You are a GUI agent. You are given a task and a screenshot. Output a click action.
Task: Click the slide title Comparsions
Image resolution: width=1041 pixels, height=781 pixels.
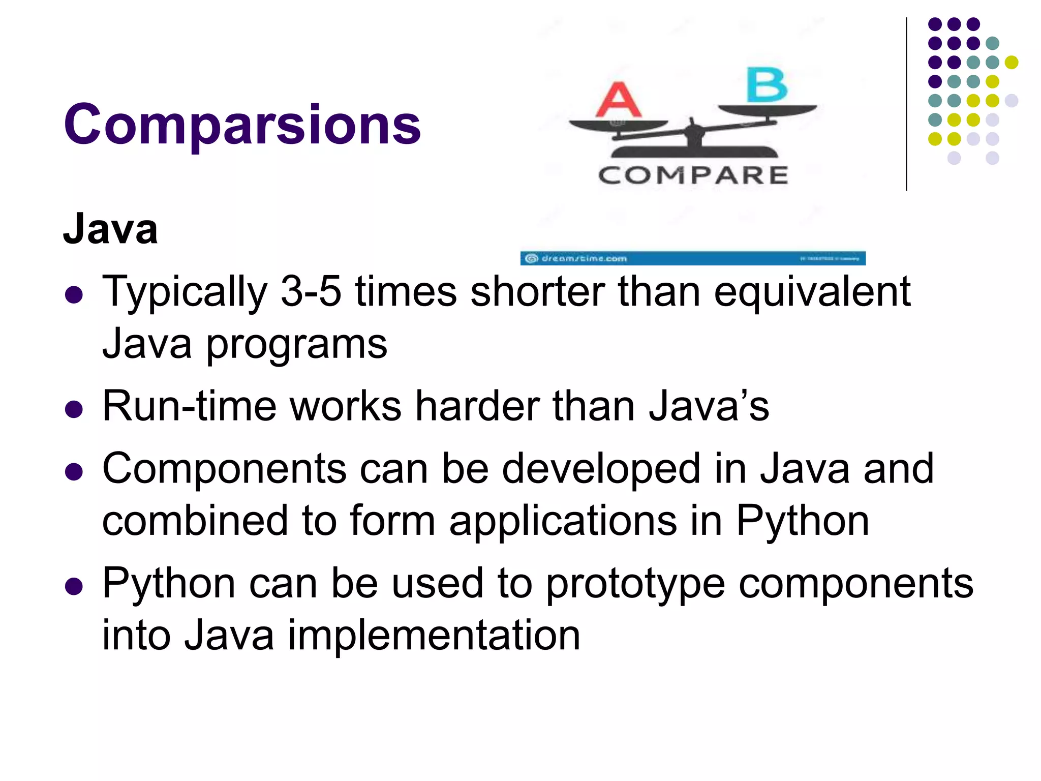click(x=242, y=125)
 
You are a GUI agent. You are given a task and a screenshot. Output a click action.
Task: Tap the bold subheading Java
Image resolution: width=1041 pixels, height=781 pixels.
click(x=110, y=229)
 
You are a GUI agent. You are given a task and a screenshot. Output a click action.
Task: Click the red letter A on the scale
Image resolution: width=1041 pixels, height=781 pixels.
click(x=618, y=100)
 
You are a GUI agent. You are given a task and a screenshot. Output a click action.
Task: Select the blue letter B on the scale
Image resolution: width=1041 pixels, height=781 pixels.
click(x=767, y=85)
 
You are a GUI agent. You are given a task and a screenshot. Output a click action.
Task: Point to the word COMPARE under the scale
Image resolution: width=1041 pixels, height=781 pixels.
click(x=693, y=175)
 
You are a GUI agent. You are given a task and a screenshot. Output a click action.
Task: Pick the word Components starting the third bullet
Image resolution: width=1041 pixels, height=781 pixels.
click(x=224, y=468)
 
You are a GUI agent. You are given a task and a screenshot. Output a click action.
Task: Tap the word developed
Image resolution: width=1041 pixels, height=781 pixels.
click(x=601, y=468)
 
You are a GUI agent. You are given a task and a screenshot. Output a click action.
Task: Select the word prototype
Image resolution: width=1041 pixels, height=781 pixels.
click(x=635, y=584)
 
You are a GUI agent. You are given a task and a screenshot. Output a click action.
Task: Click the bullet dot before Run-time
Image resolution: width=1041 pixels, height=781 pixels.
click(x=74, y=409)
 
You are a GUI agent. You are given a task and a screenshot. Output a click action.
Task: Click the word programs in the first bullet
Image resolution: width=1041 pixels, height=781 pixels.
click(x=296, y=345)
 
